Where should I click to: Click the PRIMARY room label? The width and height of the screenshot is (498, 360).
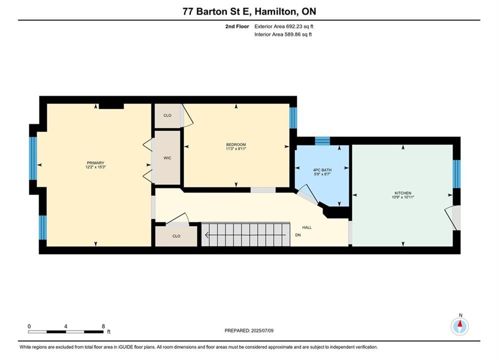point(95,162)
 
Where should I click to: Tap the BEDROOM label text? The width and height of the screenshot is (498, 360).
point(236,144)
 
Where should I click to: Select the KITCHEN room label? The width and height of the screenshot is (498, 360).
point(403,193)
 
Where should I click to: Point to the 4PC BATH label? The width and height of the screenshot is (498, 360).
point(322,170)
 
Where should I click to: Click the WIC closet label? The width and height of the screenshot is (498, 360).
point(167,158)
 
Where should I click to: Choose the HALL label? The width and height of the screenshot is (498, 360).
point(307,227)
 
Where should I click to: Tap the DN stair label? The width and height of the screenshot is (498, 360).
point(298,235)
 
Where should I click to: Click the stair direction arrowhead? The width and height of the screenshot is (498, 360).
point(207,235)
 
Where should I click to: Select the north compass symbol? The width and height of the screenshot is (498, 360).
point(459,325)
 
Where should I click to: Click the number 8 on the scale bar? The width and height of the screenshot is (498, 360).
point(103,326)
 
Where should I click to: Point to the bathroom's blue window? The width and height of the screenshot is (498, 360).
point(322,141)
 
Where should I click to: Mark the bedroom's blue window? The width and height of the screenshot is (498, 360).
point(293,117)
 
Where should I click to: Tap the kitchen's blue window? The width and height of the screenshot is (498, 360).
point(456,174)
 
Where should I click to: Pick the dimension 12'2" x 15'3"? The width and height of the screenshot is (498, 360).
point(95,167)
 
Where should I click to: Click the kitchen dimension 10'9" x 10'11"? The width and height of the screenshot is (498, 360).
point(403,197)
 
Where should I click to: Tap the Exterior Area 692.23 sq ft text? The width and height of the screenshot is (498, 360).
point(284,26)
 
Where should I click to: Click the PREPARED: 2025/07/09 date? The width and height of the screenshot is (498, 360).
point(249,330)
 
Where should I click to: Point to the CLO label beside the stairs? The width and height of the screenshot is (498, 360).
point(176,236)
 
